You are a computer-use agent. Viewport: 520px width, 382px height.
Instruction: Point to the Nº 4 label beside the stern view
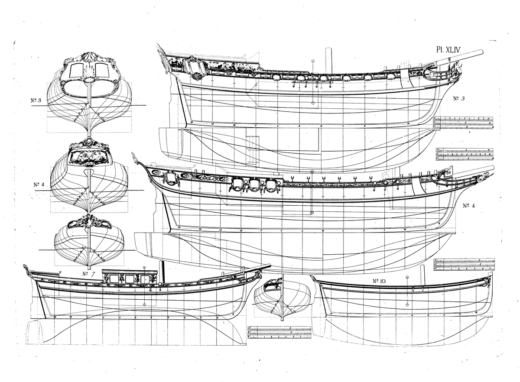[39, 185]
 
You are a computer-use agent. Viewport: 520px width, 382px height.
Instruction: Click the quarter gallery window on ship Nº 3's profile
[191, 67]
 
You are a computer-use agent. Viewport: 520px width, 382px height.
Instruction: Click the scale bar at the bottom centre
[279, 332]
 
